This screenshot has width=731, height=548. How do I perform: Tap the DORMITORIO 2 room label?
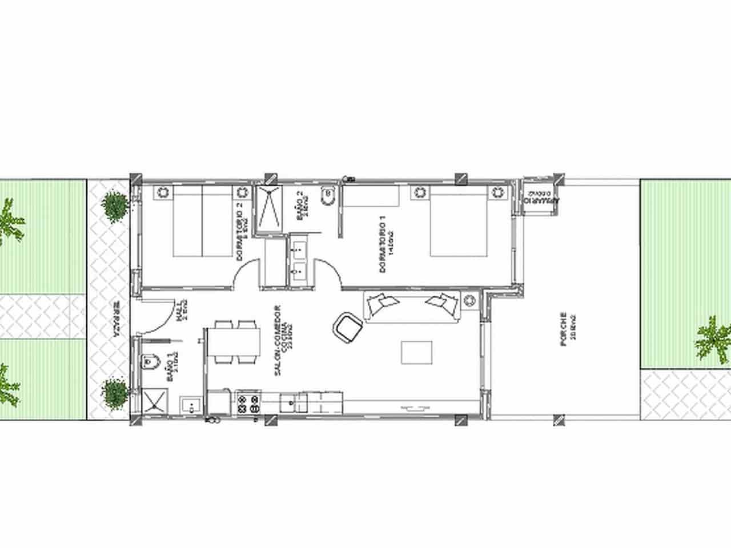[243, 233]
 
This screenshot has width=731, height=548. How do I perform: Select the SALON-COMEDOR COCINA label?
[282, 340]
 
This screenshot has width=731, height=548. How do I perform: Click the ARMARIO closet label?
[542, 198]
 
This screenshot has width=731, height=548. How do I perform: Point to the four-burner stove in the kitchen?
[248, 403]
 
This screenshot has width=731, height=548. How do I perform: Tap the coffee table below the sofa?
[417, 352]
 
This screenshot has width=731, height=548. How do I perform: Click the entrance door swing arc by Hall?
[163, 314]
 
